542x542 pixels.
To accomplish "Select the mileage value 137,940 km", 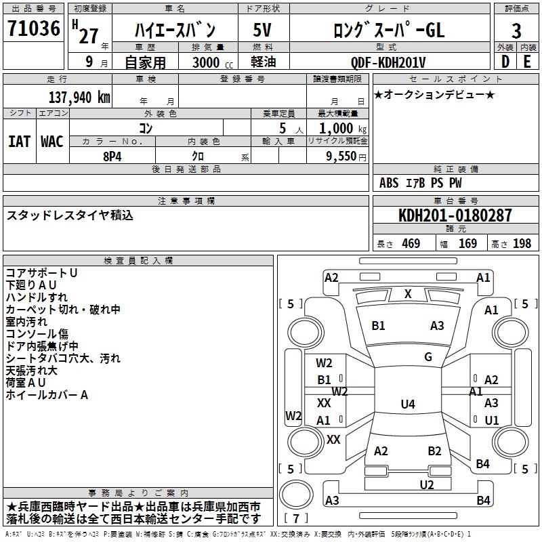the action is coord(79,97).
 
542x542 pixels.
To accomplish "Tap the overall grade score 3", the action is coord(516,30).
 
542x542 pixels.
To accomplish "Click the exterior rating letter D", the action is coord(505,62).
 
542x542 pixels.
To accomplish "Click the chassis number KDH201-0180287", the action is coord(455,215).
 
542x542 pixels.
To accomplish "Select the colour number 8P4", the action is coord(112,156).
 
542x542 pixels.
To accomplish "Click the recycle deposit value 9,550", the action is coord(341,156).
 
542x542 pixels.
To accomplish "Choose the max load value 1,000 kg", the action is coord(339,128).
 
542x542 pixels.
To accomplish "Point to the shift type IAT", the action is coord(19,142).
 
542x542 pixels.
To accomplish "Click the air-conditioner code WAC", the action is coord(52,142).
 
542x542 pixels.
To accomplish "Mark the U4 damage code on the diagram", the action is coord(408,404).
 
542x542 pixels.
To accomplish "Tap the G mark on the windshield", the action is coord(428,357).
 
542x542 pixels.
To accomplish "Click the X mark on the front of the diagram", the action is coord(408,294).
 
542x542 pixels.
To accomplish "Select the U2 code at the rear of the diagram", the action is coord(427,484).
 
